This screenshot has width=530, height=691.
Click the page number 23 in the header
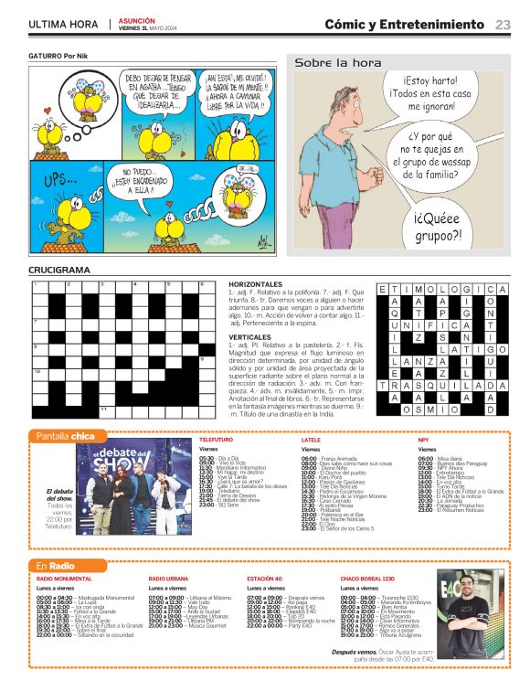pos(503,25)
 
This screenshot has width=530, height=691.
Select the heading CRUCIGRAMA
pos(59,271)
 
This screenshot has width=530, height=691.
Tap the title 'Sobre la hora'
pos(338,63)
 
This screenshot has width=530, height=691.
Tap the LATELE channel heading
pos(311,440)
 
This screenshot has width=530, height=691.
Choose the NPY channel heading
pos(423,440)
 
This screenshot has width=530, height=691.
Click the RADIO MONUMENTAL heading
pos(64,579)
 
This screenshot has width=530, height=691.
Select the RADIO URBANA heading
pos(168,579)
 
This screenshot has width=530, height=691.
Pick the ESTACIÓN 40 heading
pos(264,579)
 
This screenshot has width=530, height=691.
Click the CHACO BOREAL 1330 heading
pos(367,579)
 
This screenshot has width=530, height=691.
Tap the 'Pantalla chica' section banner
pos(65,436)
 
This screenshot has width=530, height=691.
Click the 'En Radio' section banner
pos(56,566)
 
